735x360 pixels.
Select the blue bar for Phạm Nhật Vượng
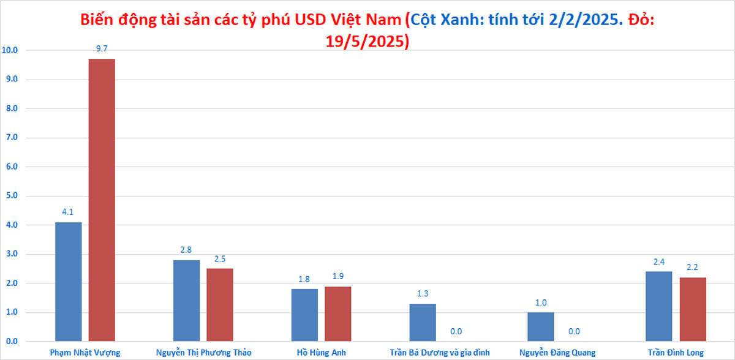[x=69, y=282]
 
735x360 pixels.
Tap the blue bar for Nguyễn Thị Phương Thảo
[x=186, y=300]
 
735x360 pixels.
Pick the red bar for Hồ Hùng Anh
[x=337, y=313]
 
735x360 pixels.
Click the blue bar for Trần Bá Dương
[x=423, y=322]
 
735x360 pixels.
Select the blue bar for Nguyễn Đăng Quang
[x=541, y=326]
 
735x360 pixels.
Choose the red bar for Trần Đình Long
[x=693, y=309]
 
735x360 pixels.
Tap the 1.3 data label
[x=423, y=294]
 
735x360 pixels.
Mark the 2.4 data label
[x=659, y=262]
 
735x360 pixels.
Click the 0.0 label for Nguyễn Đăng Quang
[x=574, y=332]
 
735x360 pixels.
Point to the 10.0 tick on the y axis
[x=10, y=50]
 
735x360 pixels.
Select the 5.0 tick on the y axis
[x=12, y=196]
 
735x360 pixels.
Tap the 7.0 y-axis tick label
[x=12, y=138]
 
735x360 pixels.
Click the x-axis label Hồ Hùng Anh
[x=321, y=352]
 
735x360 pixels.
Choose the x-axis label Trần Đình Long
[x=676, y=352]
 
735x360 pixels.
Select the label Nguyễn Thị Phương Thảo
[x=203, y=352]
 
